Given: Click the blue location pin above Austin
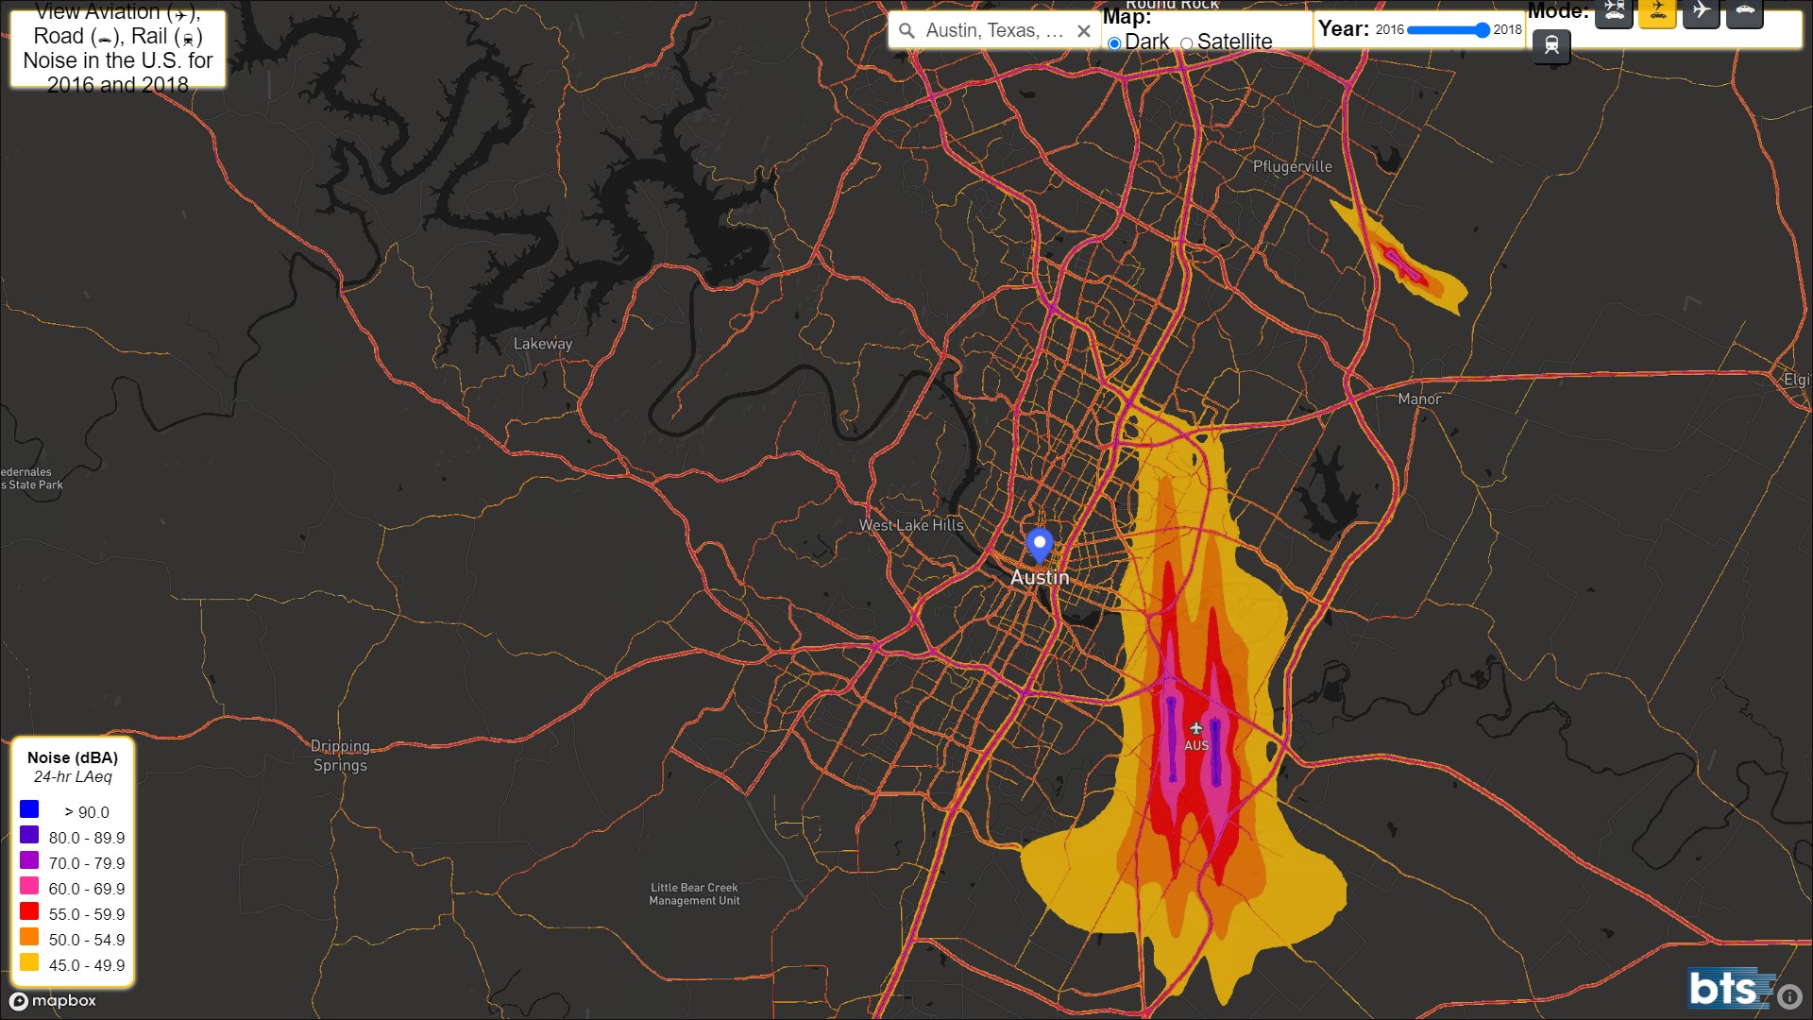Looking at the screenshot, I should pos(1039,544).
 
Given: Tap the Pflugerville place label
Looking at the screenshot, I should pos(1292,167).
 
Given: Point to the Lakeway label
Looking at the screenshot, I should pos(542,344).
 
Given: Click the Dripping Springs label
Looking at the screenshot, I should pos(340,756).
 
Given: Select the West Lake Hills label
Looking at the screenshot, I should pos(910,525).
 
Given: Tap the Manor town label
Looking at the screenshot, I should pos(1418,399).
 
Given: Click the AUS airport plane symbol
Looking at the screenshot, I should pos(1195,728).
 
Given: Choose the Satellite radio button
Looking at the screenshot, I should pos(1187,43).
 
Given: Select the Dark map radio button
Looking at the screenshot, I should pos(1114,43).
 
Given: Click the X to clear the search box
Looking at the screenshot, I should pos(1084,31).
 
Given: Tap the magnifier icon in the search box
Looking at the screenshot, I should pos(906,31).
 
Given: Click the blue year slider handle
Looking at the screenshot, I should pos(1483,30).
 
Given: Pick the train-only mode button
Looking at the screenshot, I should pos(1551,45).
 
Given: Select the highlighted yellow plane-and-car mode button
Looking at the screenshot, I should pos(1657,12).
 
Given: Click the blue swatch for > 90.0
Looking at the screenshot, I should pos(29,809).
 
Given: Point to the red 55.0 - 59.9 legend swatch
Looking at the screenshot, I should pos(29,911).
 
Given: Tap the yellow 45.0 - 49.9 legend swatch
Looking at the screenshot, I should pos(29,962).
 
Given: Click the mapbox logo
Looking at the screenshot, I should pos(54,1001).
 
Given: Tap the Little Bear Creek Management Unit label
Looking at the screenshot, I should pos(694,894).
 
